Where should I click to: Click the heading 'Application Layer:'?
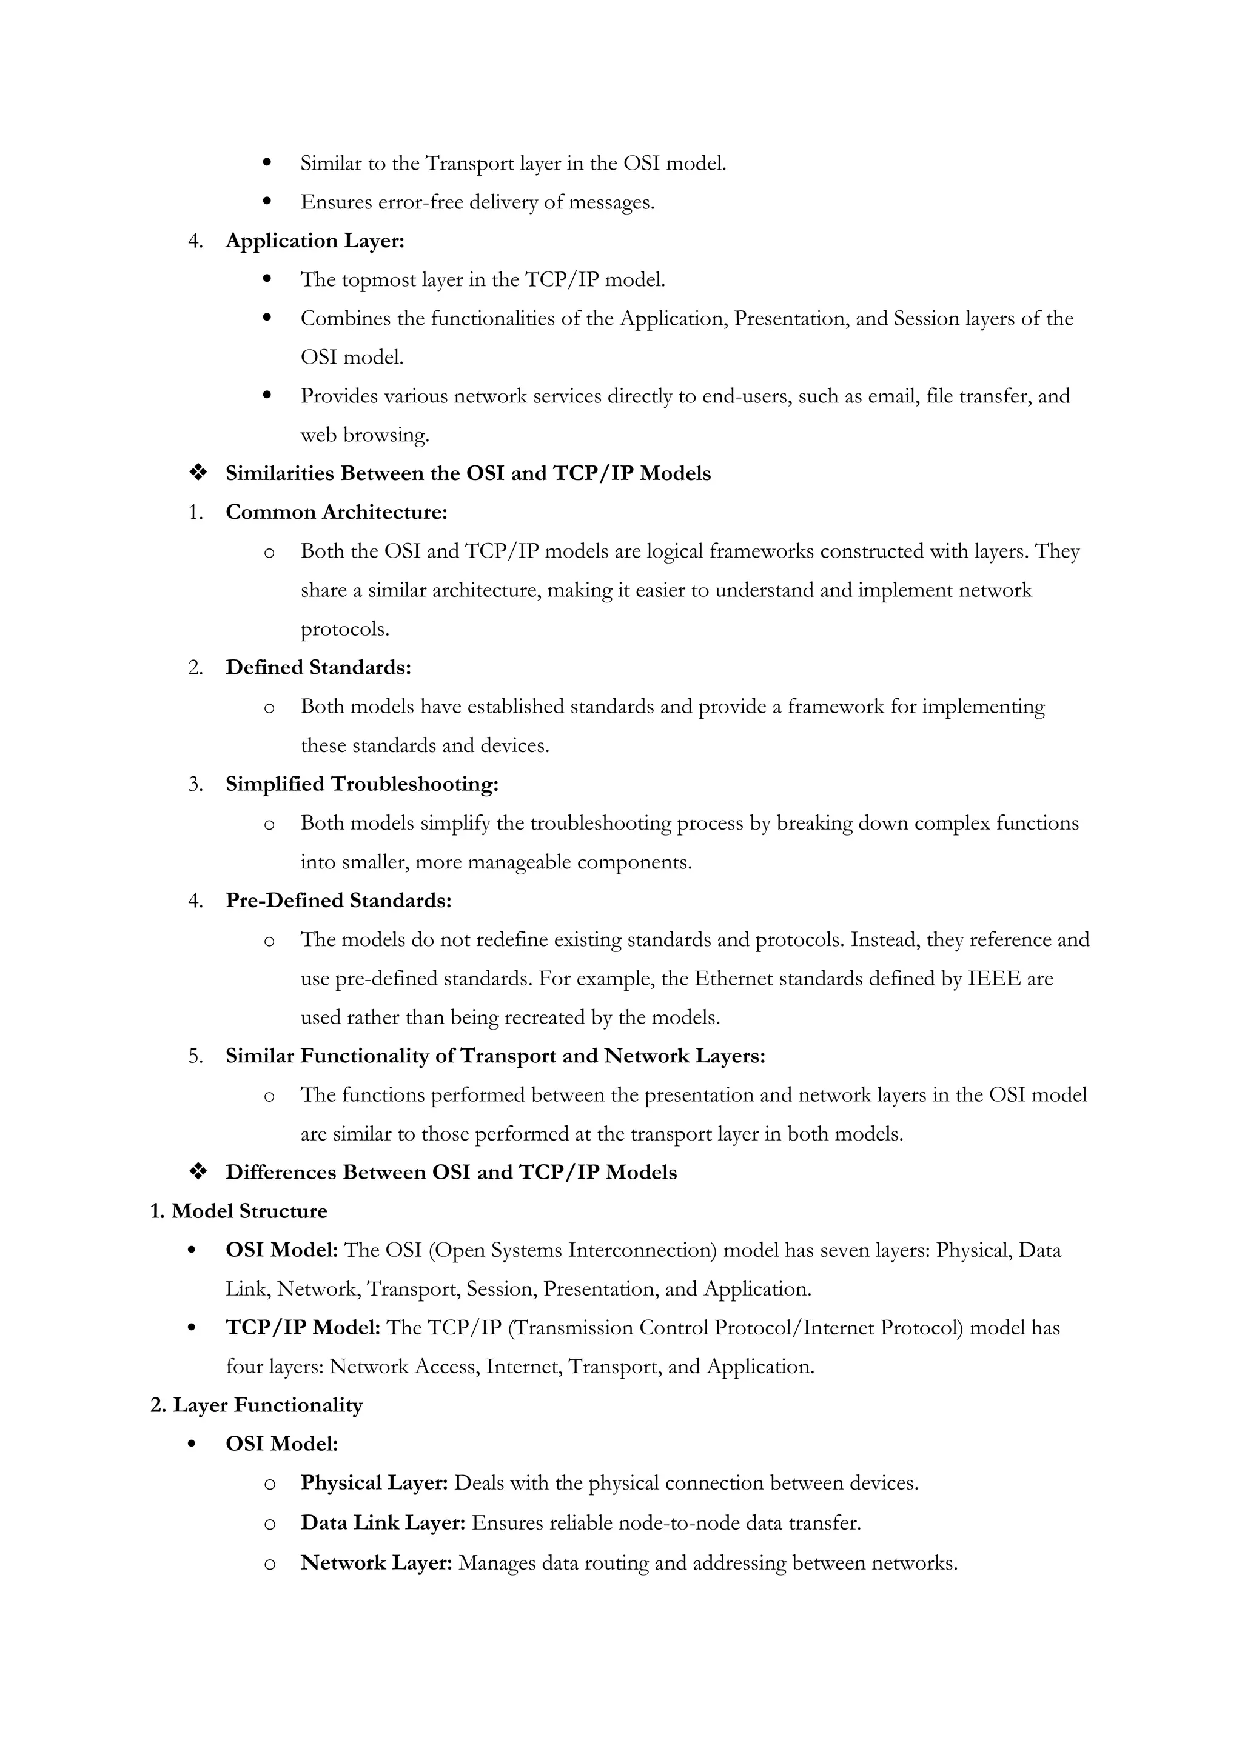[x=314, y=241]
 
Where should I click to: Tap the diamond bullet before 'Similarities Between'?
[x=198, y=474]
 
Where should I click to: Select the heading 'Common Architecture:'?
[x=336, y=512]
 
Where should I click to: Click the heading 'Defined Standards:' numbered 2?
[x=318, y=667]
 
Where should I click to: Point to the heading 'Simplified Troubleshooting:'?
[x=361, y=784]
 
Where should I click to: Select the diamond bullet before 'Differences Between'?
[x=198, y=1173]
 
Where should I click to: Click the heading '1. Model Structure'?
[x=238, y=1211]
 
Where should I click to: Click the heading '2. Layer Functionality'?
[x=256, y=1405]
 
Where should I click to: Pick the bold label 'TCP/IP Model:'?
[x=303, y=1328]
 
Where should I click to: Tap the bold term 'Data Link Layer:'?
[x=383, y=1523]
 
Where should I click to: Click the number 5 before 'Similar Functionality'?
[x=195, y=1056]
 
